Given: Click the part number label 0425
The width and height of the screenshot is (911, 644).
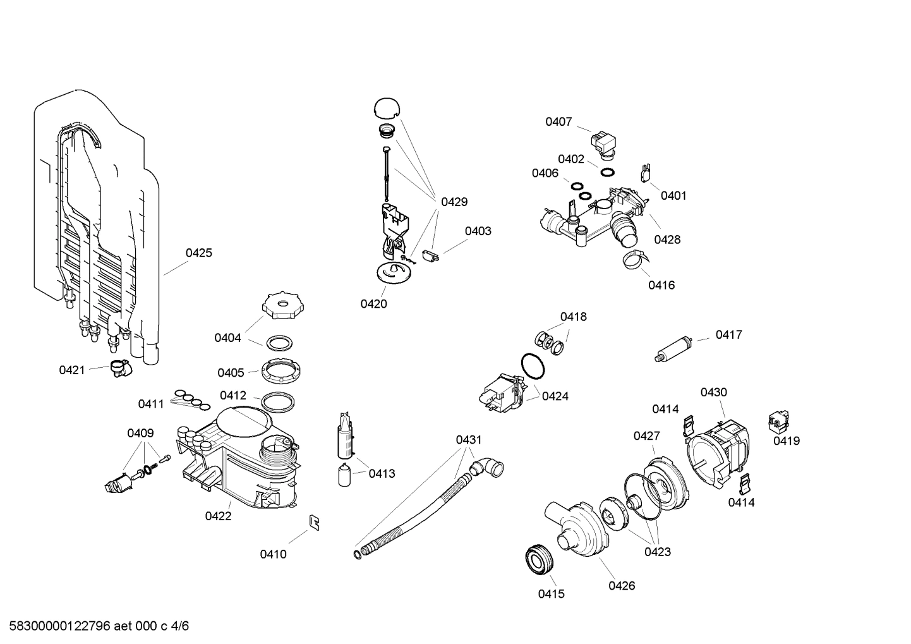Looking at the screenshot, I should [x=198, y=253].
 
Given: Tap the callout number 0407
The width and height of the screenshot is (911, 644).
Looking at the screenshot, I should [x=558, y=121].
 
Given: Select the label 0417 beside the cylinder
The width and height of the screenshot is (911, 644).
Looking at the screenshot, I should [x=728, y=334].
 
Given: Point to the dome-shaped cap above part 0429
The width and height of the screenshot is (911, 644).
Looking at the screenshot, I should [x=387, y=107].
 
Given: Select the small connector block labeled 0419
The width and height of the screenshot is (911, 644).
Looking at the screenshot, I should [x=779, y=421].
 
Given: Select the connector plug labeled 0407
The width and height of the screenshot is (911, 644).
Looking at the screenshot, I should [x=602, y=142].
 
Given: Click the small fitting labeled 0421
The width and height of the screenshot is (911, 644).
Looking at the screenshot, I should [x=119, y=367].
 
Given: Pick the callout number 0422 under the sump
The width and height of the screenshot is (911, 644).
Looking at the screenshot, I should [x=218, y=516].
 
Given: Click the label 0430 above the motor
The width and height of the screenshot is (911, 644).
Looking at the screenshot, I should [x=713, y=392].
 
